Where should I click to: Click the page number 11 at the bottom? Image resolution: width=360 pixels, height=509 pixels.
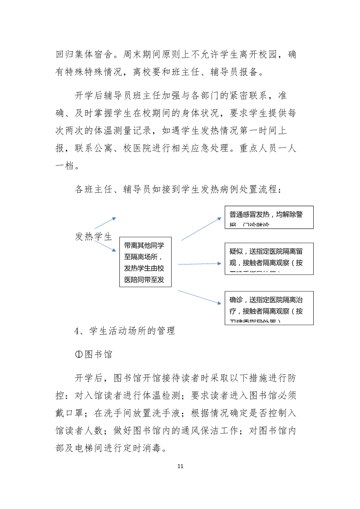tap(180, 466)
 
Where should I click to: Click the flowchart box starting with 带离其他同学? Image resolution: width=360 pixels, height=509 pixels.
tap(145, 262)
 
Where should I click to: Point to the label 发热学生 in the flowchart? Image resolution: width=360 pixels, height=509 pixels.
tap(93, 236)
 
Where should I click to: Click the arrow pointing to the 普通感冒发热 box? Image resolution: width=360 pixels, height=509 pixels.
tap(201, 229)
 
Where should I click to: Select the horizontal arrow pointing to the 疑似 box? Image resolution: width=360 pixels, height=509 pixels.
tap(199, 264)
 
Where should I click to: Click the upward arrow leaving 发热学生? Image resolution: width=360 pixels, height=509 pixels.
tap(105, 223)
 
